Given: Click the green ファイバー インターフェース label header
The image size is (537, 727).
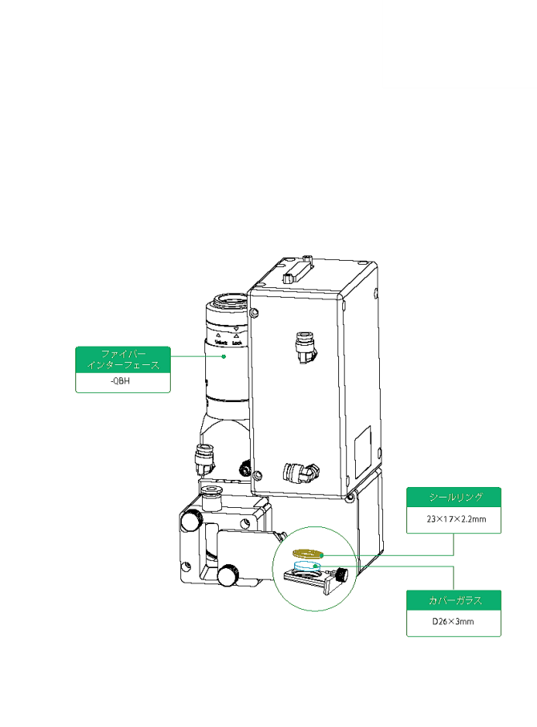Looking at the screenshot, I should coord(123,359).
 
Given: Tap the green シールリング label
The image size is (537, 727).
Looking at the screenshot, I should coord(454,498).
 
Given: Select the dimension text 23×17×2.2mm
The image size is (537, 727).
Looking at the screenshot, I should coord(454,519).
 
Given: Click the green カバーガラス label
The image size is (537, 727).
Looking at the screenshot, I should coord(454,601).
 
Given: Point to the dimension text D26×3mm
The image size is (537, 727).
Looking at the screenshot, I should coord(454,622).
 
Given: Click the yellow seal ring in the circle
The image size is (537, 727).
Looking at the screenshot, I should coord(308,553).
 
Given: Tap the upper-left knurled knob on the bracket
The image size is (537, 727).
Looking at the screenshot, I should coord(191,521).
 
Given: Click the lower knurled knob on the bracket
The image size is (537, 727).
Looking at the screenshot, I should coord(228,575).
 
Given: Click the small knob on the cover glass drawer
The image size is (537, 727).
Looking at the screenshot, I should coord(344,575).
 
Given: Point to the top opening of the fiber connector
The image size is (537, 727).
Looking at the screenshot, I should coord(228,303).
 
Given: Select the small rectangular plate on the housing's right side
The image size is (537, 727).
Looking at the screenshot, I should coord(363,443).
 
